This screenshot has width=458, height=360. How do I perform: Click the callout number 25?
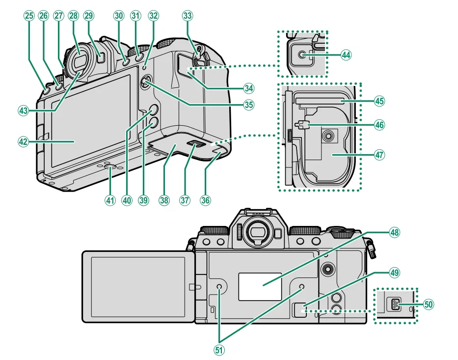tap(29, 16)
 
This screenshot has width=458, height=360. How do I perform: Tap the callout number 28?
tap(74, 16)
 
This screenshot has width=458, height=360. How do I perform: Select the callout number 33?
tap(187, 16)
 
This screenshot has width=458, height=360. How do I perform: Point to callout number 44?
tap(347, 55)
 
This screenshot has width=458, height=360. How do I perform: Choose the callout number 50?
tap(428, 305)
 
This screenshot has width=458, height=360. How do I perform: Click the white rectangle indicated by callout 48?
tap(260, 286)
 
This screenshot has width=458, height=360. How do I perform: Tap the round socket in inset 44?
tap(303, 56)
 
